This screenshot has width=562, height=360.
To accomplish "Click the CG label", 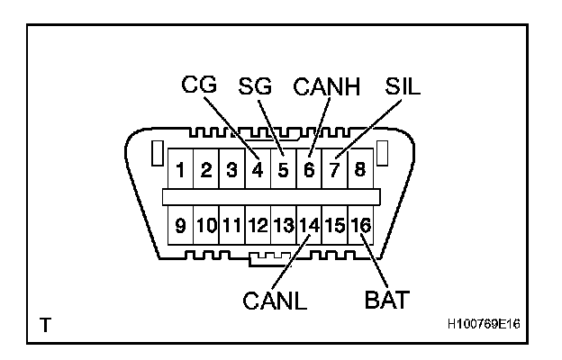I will click(x=201, y=85).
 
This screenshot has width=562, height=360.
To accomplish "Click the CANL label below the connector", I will click(x=275, y=301).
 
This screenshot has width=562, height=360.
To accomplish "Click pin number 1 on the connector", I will click(x=181, y=169).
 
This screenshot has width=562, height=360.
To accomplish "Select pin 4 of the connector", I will click(x=258, y=169).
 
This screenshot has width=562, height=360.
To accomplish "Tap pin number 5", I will click(x=283, y=169).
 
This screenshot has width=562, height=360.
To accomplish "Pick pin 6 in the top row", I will click(x=309, y=169).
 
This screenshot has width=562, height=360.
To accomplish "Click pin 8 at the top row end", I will click(x=359, y=169).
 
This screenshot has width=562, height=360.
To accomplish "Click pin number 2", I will click(x=206, y=169).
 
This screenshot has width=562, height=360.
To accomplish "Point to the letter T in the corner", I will click(x=44, y=321).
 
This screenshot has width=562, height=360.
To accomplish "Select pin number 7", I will click(x=334, y=169).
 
